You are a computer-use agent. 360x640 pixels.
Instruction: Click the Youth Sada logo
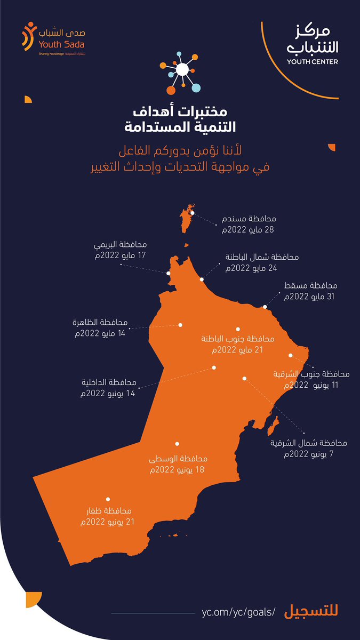[x=52, y=39]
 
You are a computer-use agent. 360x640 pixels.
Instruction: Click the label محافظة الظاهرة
[x=101, y=323]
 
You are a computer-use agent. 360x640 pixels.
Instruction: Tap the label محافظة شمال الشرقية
[x=308, y=443]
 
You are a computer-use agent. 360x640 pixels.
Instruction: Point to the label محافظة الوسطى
[x=176, y=460]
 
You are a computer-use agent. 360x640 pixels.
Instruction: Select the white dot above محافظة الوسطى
[x=177, y=443]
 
